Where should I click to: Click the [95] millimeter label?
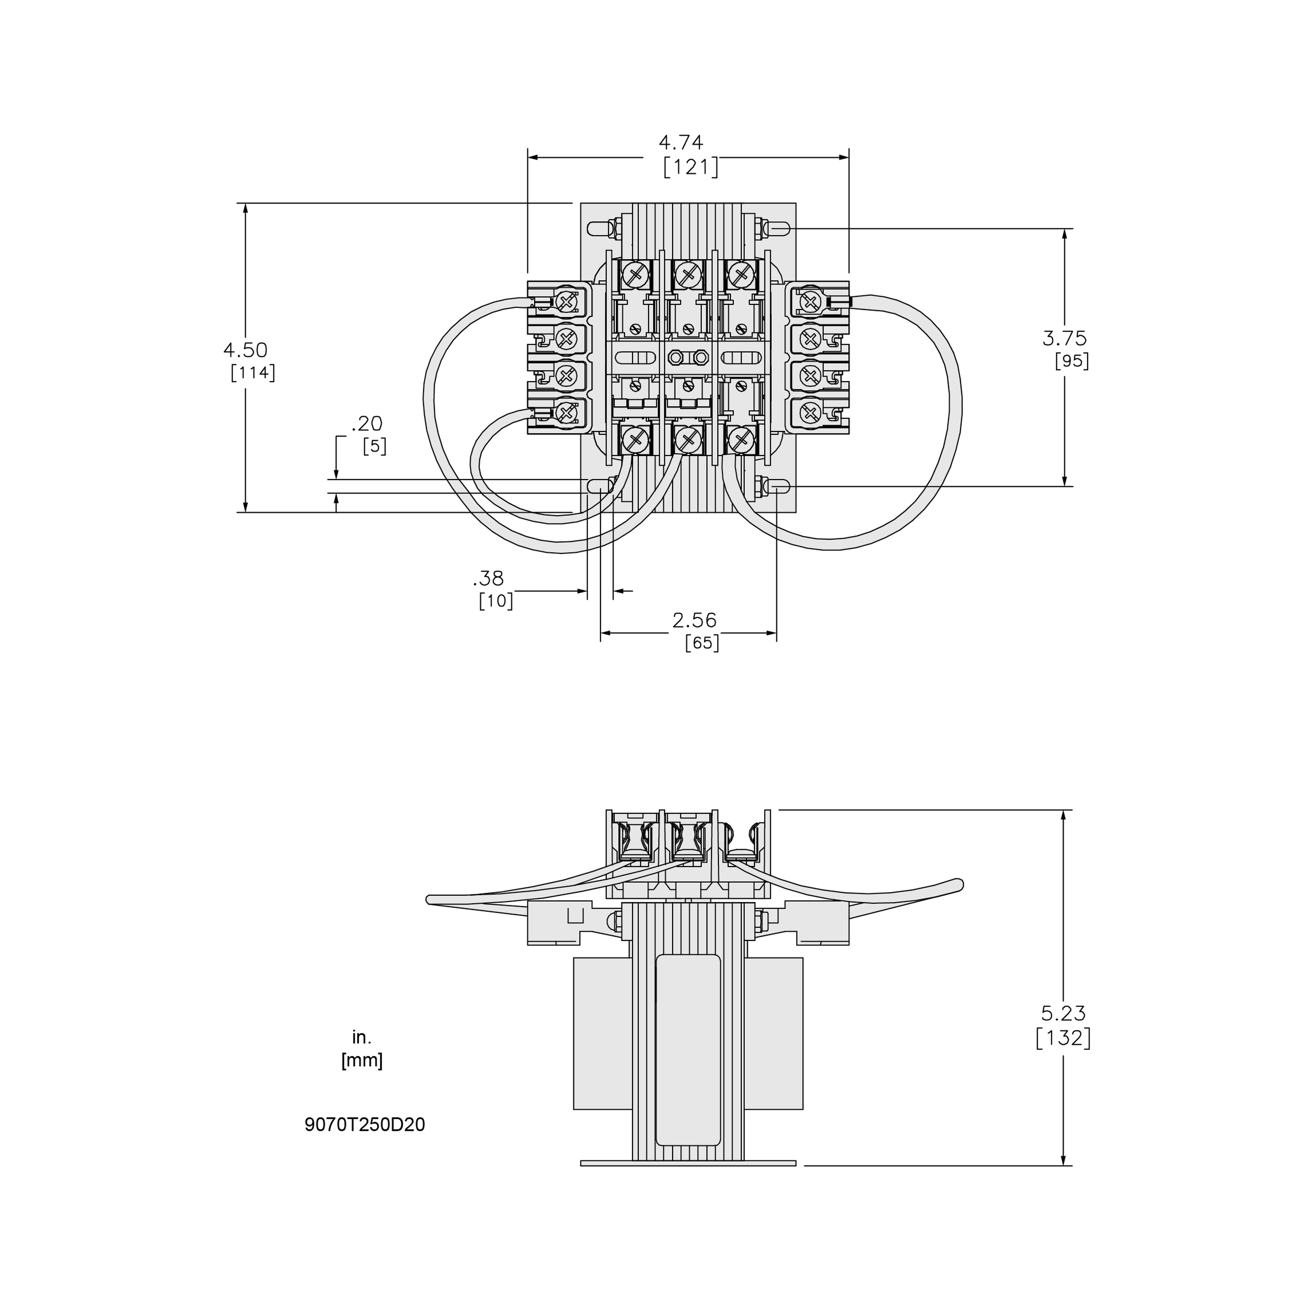coord(1071,361)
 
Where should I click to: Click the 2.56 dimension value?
coord(695,620)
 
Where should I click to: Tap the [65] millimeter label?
coord(702,643)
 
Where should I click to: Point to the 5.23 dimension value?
coord(1063,1032)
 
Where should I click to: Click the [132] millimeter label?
coord(1063,1057)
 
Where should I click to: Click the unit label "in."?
coord(361,1038)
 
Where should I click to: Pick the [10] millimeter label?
coord(496,600)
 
